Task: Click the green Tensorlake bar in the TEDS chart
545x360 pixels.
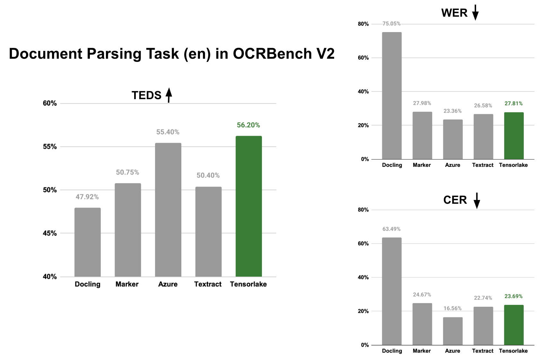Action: tap(248, 206)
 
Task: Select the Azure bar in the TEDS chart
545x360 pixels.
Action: tap(168, 210)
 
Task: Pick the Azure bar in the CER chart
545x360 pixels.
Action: tap(453, 331)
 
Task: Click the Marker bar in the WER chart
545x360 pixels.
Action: tap(422, 135)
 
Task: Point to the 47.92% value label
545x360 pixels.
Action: tap(87, 197)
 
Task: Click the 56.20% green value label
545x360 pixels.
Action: tap(248, 125)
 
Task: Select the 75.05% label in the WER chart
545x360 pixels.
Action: tap(391, 24)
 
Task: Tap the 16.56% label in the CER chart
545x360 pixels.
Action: tap(453, 308)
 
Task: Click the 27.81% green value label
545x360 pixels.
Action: tap(514, 104)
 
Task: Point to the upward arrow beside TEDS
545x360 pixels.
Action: tap(169, 95)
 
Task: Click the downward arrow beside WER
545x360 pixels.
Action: tap(475, 13)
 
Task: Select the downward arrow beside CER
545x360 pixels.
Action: tap(477, 201)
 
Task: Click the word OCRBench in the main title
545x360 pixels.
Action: tap(272, 54)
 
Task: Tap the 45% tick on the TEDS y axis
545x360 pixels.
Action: tap(50, 233)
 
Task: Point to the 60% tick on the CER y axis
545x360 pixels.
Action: tap(363, 244)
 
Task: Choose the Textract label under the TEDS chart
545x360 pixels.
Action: tap(208, 284)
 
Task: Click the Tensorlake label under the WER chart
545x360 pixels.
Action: tap(513, 165)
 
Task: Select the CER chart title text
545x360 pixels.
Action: tap(455, 200)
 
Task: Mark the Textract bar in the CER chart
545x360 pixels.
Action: tap(483, 326)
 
